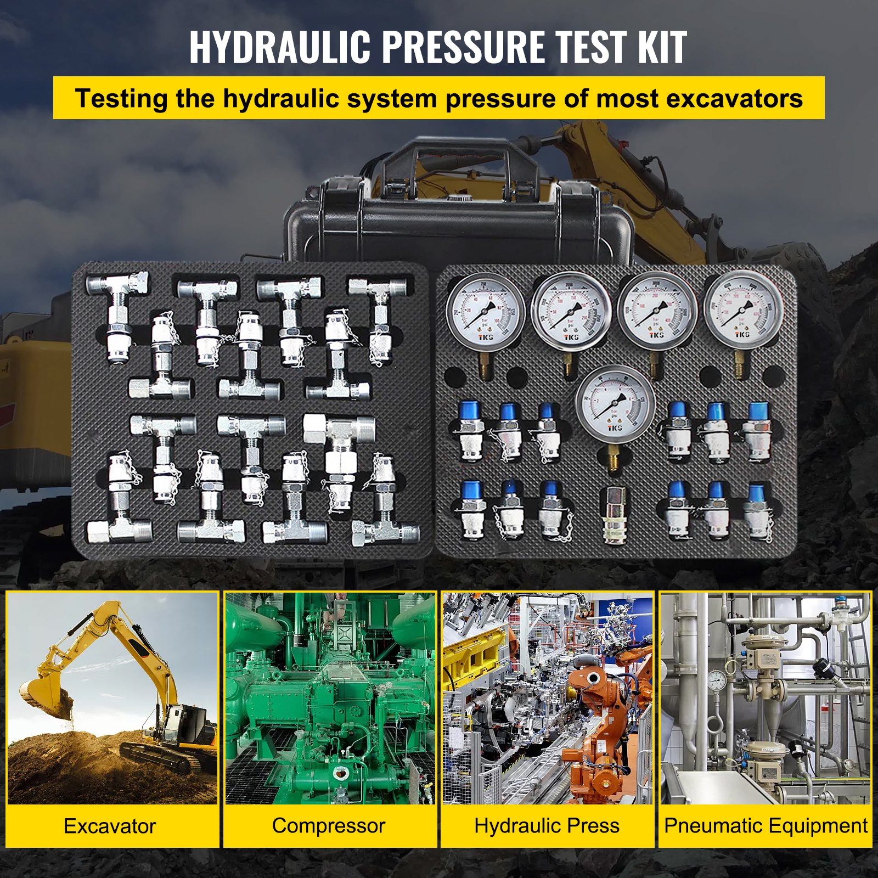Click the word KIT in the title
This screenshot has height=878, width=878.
(661, 47)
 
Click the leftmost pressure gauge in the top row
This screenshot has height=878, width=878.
(485, 311)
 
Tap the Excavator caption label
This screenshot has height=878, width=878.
(110, 826)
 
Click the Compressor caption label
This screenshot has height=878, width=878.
(328, 825)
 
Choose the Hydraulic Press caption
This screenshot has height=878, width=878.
(547, 825)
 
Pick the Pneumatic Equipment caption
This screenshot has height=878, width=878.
(766, 825)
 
